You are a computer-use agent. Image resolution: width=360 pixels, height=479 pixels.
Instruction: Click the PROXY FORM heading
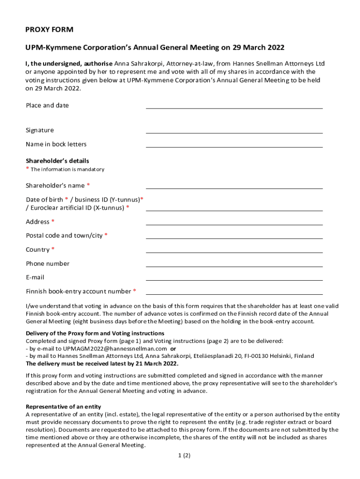49,30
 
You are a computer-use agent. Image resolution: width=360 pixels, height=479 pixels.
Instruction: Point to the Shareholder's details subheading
57,161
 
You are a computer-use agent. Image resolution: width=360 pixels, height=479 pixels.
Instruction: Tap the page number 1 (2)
184,455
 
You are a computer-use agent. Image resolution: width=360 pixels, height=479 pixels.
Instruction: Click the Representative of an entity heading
63,406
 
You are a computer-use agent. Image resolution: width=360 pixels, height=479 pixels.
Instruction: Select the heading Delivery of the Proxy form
95,333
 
